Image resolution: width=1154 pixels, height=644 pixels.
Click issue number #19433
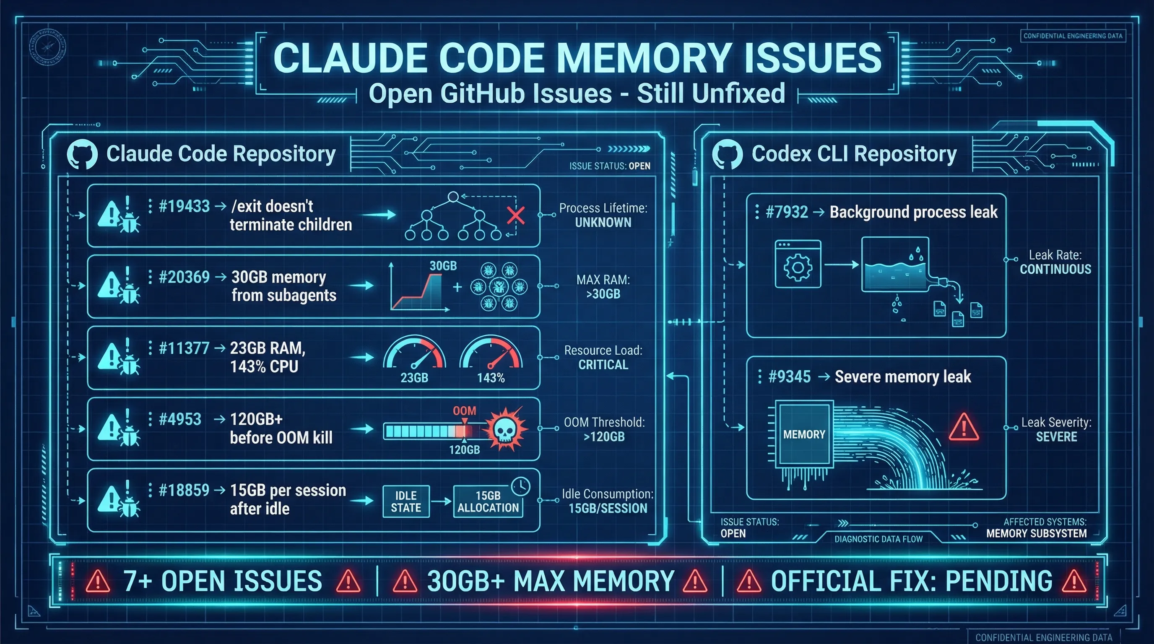point(184,206)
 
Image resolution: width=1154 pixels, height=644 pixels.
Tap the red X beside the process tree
point(516,216)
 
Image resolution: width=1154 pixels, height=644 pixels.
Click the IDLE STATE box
point(406,501)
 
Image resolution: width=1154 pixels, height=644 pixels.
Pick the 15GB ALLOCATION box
point(488,501)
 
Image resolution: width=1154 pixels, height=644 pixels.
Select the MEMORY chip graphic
point(804,434)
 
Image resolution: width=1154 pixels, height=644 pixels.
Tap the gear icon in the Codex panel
point(798,267)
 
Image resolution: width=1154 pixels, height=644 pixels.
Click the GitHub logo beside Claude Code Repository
point(82,155)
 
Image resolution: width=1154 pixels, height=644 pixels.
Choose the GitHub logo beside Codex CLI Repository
point(727,155)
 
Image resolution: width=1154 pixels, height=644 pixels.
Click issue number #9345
point(789,377)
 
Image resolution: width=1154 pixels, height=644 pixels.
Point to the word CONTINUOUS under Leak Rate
point(1055,269)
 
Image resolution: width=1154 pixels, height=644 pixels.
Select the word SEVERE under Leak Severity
point(1056,436)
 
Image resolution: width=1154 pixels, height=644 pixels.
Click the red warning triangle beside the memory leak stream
point(964,428)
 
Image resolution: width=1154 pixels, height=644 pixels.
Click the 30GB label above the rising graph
point(443,265)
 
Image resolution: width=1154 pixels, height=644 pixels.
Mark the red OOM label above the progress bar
point(464,410)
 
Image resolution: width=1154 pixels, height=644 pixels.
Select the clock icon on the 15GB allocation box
point(520,486)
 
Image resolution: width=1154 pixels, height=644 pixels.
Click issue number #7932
point(787,212)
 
